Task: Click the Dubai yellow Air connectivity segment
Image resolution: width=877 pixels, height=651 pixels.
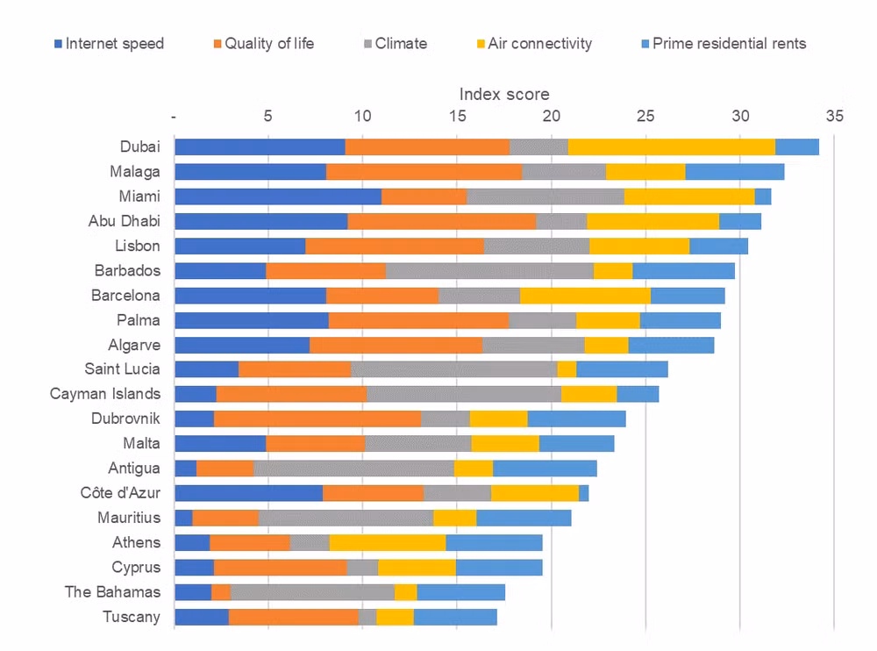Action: click(672, 147)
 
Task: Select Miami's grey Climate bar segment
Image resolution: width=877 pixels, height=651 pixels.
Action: click(545, 197)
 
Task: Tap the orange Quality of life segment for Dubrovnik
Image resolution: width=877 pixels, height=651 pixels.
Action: click(317, 418)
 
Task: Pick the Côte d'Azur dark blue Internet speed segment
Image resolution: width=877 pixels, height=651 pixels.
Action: click(249, 493)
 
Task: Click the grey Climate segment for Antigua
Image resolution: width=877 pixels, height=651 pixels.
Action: click(353, 468)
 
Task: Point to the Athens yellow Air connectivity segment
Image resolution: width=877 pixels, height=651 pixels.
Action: click(388, 542)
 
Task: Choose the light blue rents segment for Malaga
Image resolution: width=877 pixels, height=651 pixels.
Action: click(735, 172)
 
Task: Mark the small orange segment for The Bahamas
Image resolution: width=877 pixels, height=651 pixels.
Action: click(221, 592)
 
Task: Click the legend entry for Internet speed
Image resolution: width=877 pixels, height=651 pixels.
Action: click(109, 44)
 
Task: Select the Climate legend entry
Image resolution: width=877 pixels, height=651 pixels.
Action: click(396, 44)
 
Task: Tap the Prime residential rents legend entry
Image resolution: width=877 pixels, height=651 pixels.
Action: click(724, 44)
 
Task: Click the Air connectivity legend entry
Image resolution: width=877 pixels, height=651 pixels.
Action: click(534, 44)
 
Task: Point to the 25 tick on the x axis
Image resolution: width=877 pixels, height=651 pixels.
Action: click(645, 116)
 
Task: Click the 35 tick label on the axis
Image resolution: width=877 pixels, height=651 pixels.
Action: click(835, 116)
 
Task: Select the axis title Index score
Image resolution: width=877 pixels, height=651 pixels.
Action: click(504, 94)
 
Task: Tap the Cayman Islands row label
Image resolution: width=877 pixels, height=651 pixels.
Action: click(105, 394)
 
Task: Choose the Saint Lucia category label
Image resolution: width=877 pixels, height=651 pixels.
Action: click(123, 368)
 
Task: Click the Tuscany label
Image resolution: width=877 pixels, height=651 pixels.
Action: click(132, 617)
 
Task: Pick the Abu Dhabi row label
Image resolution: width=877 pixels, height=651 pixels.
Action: click(125, 221)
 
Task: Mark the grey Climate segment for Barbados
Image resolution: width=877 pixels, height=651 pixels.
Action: click(489, 271)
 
